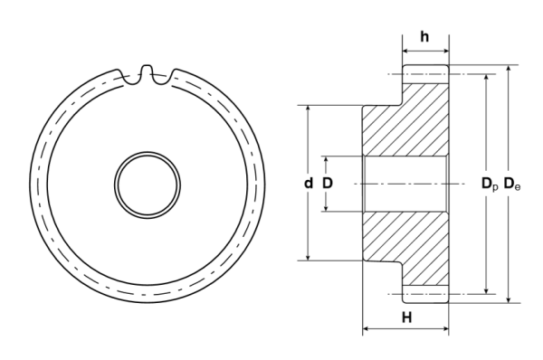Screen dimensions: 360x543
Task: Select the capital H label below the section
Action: coord(406,317)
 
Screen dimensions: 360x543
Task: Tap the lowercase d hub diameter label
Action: coord(309,184)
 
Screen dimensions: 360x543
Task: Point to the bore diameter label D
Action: coord(328,184)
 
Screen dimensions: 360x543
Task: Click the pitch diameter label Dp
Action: coord(488,185)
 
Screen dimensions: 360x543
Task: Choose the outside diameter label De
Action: coord(511,185)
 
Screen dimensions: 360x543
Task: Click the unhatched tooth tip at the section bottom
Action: coord(425,296)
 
